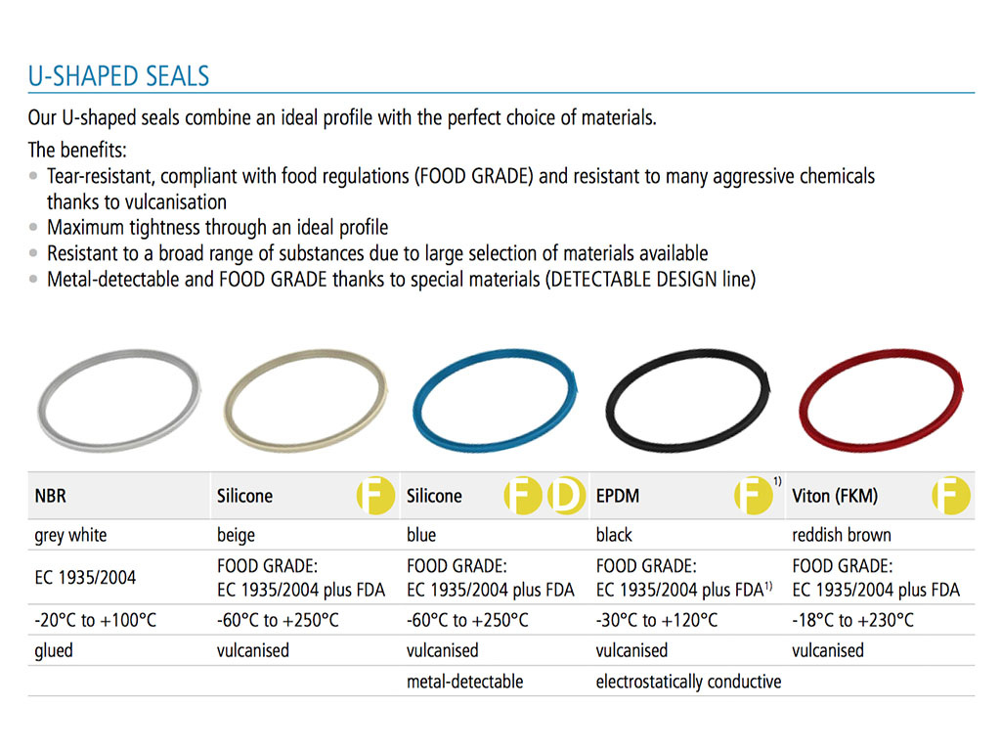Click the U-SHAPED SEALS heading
coord(118,76)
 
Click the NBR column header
coord(51,496)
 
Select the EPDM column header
coord(618,496)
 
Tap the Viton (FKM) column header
coord(835,496)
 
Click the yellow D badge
coord(565,496)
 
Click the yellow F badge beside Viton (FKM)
coord(951,496)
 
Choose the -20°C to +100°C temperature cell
coord(95,620)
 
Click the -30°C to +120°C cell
coord(656,620)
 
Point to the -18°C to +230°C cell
coord(852,620)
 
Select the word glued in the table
coord(54,650)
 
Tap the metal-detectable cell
coord(464,682)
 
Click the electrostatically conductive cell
coord(688,682)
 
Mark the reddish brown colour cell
coord(842,535)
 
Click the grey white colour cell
coord(70,535)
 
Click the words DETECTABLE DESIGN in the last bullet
coord(614,280)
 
